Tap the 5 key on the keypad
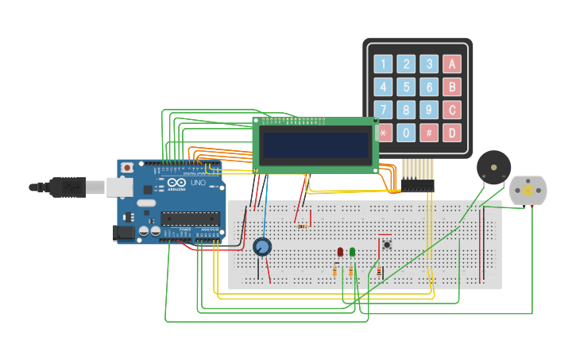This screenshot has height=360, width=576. [x=406, y=87]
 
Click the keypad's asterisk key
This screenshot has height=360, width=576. [x=384, y=133]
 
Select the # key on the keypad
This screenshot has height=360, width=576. [x=429, y=133]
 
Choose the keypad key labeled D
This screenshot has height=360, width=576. [x=452, y=133]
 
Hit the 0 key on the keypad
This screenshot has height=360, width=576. [x=406, y=133]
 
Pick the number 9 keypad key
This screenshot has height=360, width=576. [x=429, y=110]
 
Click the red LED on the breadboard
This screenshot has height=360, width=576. [x=340, y=252]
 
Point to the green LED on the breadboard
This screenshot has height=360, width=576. [x=352, y=252]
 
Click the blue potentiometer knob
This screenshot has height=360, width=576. [x=262, y=247]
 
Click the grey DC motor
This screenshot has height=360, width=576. [x=528, y=191]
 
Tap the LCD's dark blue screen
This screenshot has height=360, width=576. [x=316, y=145]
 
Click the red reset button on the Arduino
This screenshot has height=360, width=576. [x=127, y=168]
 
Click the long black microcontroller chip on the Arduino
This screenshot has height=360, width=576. [x=190, y=219]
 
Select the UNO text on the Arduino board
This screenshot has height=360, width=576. [x=198, y=183]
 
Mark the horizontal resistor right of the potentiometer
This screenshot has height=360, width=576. [x=303, y=226]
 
